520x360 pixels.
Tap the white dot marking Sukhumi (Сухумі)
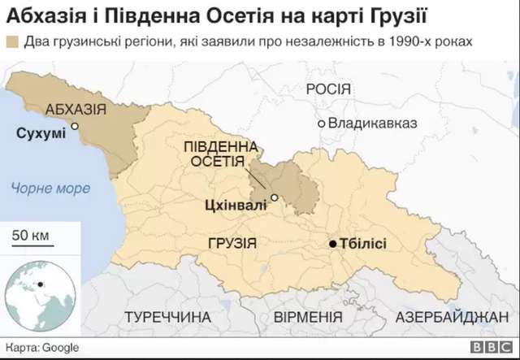[x=74, y=126]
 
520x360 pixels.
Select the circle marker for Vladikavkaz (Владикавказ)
[x=322, y=124]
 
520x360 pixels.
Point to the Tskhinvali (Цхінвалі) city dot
[x=275, y=197]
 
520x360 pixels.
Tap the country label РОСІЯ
[x=327, y=89]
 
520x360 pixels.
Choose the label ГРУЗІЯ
[x=232, y=243]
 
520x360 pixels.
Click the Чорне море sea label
[x=50, y=189]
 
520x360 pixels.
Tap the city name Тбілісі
[x=363, y=244]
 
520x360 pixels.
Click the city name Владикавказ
[x=372, y=124]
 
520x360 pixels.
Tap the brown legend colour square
[x=12, y=41]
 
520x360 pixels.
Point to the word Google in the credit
[x=61, y=347]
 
